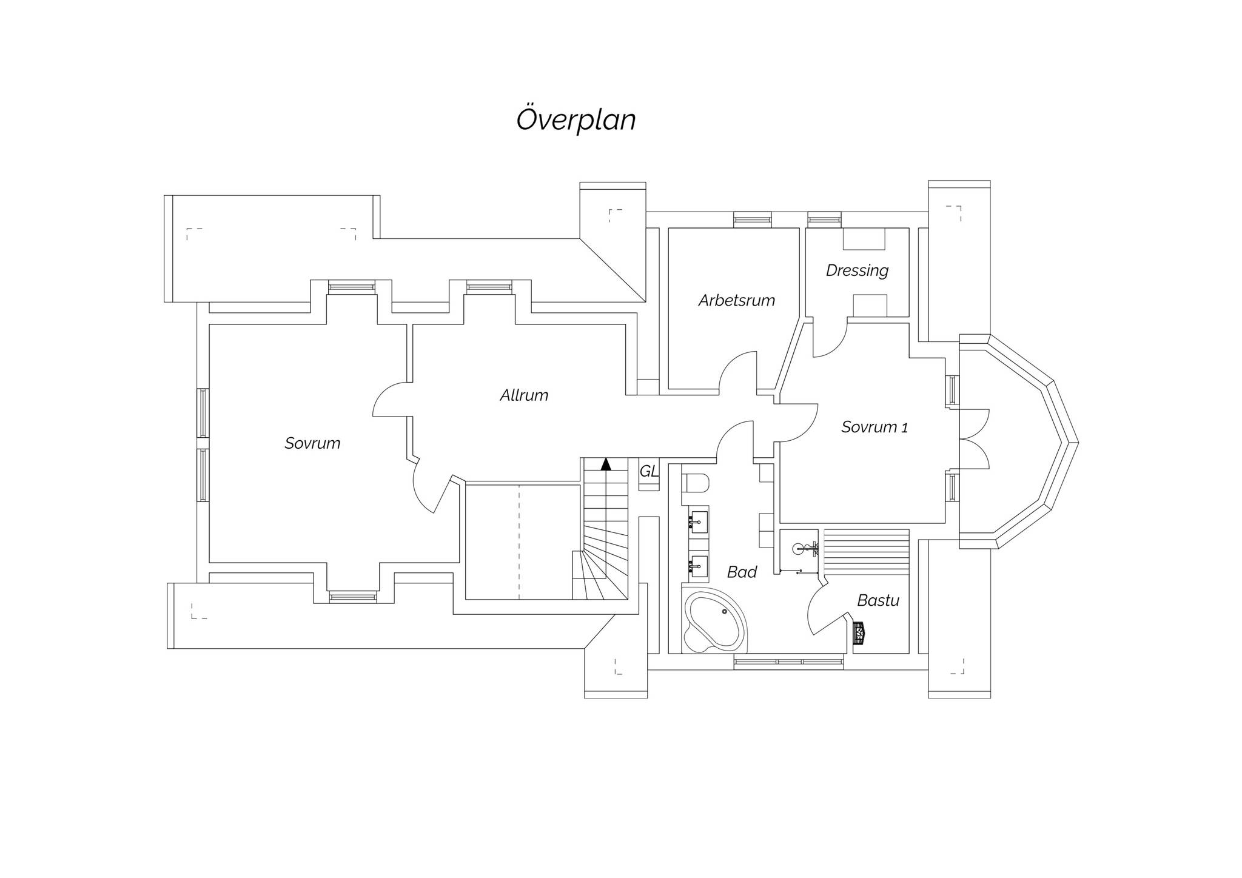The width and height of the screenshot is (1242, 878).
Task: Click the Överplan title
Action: tap(576, 119)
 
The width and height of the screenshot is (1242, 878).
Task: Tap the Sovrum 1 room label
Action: tap(874, 427)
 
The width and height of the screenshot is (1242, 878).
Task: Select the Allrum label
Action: tap(524, 395)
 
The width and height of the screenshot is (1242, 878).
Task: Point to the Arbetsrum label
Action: tap(736, 300)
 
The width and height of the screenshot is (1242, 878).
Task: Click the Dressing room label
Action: tap(857, 270)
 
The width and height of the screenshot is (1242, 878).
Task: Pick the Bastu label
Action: tap(878, 600)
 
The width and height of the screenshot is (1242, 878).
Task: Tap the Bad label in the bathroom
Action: tap(742, 572)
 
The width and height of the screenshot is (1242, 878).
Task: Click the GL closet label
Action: tap(649, 471)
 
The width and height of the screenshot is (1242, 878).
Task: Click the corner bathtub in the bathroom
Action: tap(714, 620)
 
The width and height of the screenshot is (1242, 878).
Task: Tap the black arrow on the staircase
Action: tap(605, 464)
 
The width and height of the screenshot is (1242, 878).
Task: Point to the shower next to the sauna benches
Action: tap(799, 551)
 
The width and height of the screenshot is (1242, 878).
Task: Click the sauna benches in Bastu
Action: tap(865, 551)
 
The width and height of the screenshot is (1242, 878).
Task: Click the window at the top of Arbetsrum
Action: tap(753, 219)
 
